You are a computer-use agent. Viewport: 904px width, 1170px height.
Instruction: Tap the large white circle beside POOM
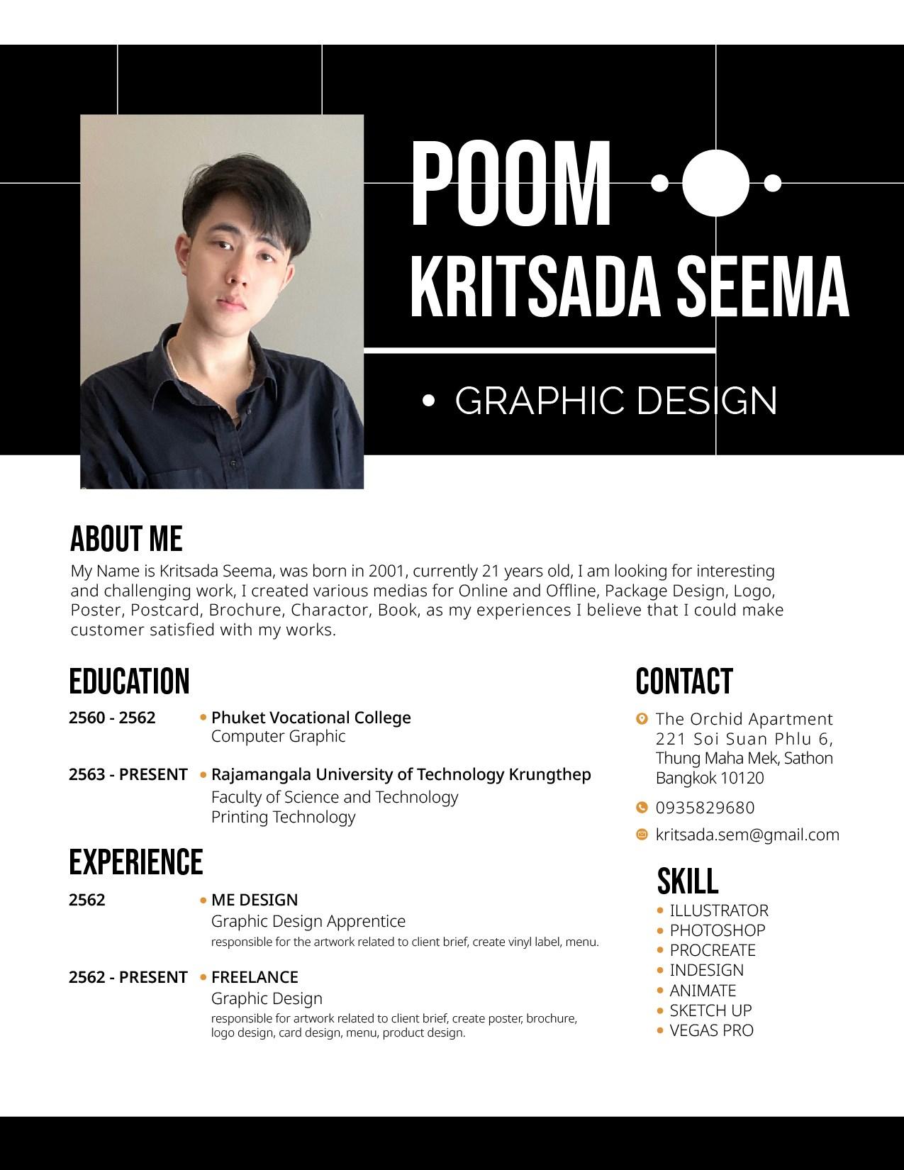point(716,183)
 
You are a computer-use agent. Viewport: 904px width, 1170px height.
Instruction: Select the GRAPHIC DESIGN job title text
point(615,401)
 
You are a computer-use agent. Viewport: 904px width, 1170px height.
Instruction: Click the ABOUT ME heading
point(126,539)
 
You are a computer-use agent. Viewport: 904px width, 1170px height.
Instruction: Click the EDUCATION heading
point(129,681)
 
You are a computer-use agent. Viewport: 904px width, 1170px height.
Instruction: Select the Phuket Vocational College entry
point(311,718)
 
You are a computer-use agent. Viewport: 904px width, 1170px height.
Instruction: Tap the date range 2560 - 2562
point(112,718)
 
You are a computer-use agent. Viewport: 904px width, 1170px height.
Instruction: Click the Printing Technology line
point(283,817)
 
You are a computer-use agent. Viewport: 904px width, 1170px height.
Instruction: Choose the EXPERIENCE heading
point(135,862)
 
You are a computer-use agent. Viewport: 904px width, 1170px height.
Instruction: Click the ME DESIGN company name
point(255,900)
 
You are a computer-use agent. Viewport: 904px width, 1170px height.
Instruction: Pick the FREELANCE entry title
point(255,977)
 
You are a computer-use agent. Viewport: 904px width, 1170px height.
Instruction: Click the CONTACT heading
point(683,681)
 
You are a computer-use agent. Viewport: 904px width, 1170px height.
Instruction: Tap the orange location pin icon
point(642,719)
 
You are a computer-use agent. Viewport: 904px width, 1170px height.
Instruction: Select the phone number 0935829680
point(705,808)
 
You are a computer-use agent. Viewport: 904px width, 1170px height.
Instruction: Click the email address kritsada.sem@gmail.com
point(747,835)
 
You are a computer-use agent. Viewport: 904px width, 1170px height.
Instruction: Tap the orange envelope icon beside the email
point(642,835)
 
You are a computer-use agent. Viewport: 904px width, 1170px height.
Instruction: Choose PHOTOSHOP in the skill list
point(718,930)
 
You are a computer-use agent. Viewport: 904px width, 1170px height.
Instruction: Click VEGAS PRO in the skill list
point(711,1030)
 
